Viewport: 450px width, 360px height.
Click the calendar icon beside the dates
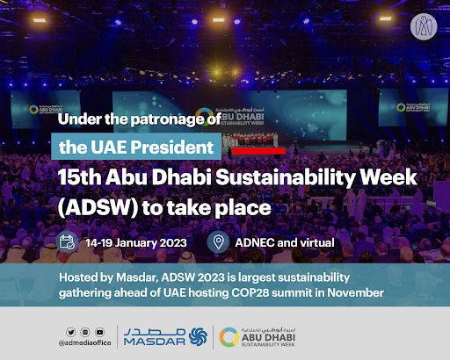pyautogui.click(x=66, y=242)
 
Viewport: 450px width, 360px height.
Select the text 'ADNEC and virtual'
pyautogui.click(x=286, y=243)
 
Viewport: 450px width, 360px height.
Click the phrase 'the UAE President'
pyautogui.click(x=133, y=146)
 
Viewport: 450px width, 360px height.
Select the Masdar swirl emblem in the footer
pyautogui.click(x=197, y=335)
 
